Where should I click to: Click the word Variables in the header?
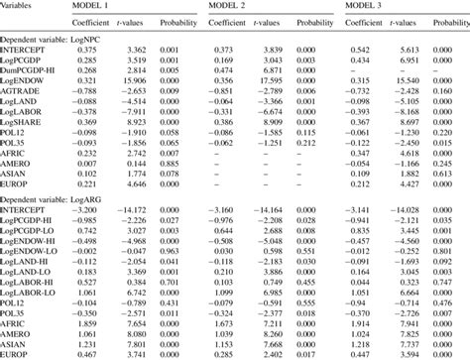pyautogui.click(x=20, y=7)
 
